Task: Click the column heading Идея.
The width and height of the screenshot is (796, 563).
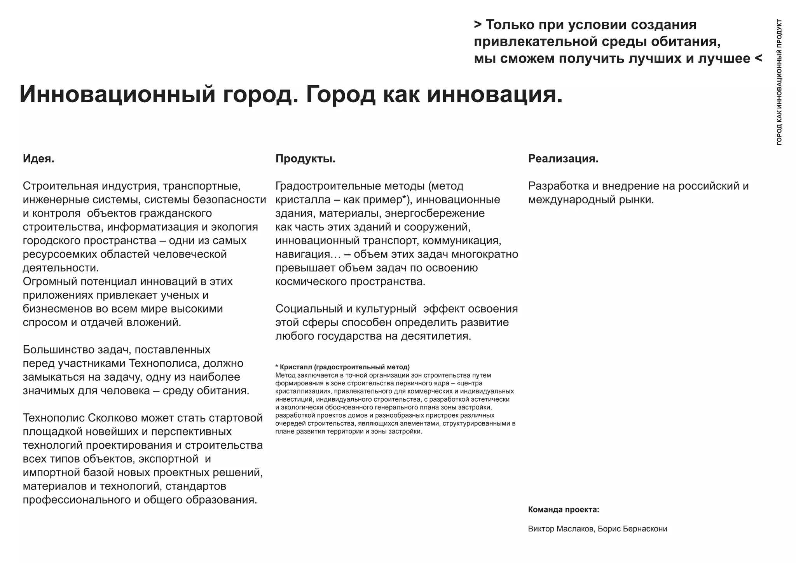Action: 38,159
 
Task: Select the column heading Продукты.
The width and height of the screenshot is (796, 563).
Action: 305,159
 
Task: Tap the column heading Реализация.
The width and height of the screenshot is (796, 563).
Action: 563,159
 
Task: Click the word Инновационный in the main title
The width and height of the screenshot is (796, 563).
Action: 117,94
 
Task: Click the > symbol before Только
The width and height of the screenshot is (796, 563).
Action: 478,25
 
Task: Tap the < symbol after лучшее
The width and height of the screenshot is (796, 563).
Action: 758,58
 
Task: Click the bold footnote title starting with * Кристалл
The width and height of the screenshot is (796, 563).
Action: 342,367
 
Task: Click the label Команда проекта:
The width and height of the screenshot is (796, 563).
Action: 563,510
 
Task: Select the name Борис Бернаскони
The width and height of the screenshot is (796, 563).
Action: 632,529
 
